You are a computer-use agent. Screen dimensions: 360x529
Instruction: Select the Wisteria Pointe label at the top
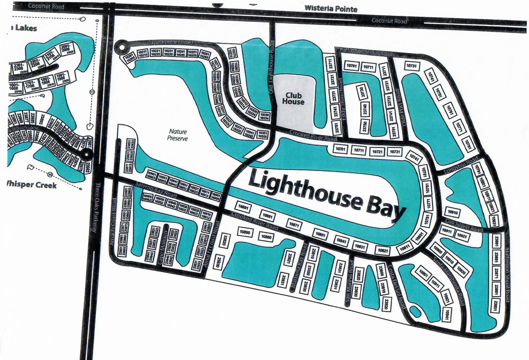pos(331,9)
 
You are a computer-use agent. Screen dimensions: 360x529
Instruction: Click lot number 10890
pos(244,232)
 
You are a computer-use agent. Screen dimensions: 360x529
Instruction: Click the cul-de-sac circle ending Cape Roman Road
pos(123,47)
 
